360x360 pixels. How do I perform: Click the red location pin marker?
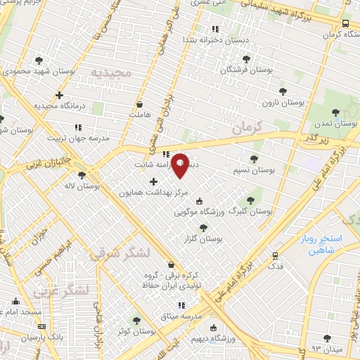[x=180, y=165]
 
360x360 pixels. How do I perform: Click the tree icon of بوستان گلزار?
[x=204, y=227]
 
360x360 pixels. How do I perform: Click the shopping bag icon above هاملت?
[x=141, y=103]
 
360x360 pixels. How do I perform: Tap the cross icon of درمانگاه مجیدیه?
[x=60, y=94]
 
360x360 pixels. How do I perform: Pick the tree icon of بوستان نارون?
[x=283, y=91]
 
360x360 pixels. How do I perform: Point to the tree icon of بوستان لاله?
[x=82, y=175]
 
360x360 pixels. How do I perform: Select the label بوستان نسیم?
[x=254, y=171]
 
